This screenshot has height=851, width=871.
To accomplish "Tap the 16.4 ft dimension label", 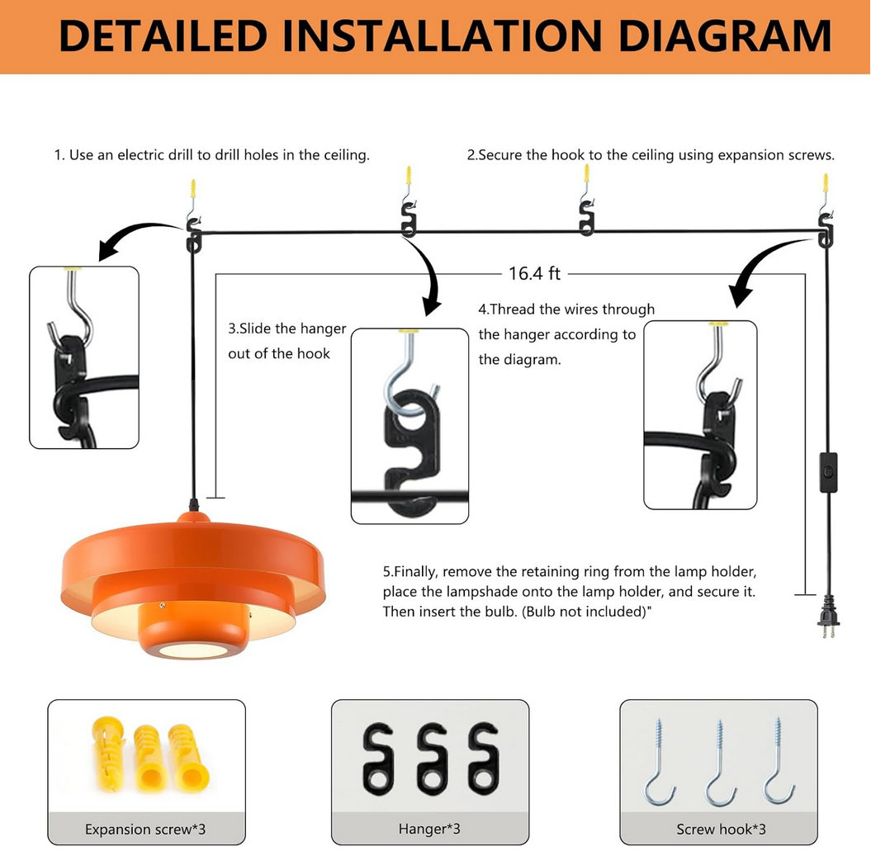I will (x=534, y=273).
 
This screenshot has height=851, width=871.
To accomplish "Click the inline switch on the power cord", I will (x=827, y=472).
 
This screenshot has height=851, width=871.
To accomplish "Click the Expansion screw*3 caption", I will (x=145, y=829).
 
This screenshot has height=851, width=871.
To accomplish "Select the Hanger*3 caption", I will (x=429, y=829).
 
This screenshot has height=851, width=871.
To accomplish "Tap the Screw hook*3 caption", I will (x=721, y=829).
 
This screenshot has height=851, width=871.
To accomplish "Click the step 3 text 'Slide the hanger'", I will (x=287, y=329).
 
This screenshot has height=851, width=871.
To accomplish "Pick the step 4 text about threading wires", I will (x=566, y=334).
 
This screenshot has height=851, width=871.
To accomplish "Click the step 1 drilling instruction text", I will (x=211, y=154).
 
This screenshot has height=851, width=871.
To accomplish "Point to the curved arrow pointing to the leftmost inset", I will (x=136, y=239).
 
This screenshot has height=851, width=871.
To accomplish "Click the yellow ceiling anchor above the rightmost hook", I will (x=825, y=183).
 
